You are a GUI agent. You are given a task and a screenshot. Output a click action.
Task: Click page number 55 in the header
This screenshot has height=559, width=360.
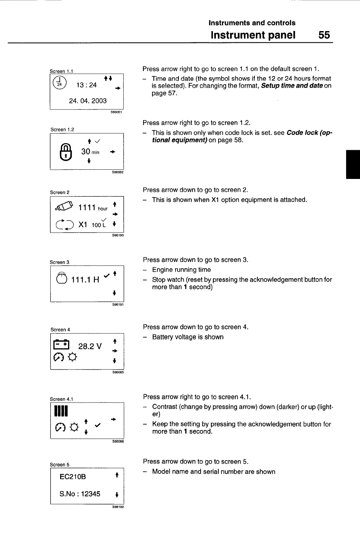coord(324,35)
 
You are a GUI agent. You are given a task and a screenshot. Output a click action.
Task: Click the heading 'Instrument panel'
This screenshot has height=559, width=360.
coord(253,35)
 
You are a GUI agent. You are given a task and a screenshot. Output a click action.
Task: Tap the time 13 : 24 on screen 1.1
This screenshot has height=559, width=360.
coord(86,85)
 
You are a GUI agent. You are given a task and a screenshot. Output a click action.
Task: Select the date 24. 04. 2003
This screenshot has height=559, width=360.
coord(88,101)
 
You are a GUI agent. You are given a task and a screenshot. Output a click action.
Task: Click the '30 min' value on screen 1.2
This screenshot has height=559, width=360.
coord(90,152)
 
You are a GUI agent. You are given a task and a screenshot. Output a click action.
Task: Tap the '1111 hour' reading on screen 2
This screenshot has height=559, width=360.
coord(93,207)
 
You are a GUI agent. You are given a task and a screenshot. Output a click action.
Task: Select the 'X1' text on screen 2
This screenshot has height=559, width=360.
coord(83,225)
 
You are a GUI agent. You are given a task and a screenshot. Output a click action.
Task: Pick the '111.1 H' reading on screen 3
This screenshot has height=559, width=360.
coord(85,280)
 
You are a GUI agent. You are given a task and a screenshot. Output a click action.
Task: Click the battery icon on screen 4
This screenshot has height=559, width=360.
coord(61,345)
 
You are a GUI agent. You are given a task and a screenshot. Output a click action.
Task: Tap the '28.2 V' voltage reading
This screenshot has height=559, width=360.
coord(90,346)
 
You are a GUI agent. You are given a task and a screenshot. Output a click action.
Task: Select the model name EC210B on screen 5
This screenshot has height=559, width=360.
coord(73,477)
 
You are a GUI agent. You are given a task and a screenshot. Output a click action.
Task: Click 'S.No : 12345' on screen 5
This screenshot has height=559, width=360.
coord(80,494)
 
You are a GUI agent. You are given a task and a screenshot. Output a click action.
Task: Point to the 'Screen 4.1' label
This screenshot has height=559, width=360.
coord(61,399)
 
